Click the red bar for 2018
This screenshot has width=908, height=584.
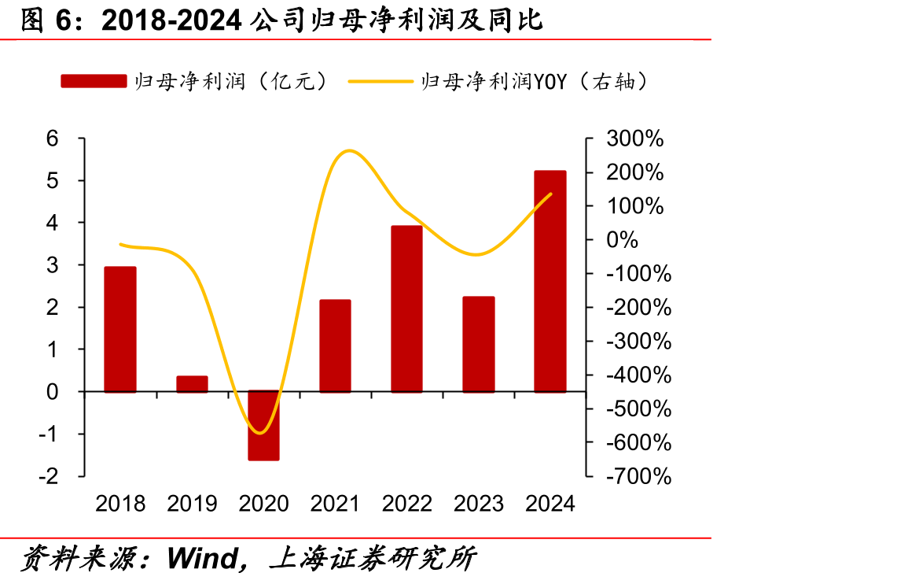119,330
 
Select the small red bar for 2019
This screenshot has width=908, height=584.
192,384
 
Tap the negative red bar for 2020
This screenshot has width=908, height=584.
263,426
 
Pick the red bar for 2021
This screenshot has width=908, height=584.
335,346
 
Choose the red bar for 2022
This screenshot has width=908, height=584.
406,309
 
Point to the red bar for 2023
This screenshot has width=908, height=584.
478,345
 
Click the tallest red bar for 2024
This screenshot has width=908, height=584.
550,282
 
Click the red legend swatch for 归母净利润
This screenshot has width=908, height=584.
94,81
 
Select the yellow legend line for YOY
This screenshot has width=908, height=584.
380,82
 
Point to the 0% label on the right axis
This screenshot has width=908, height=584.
622,240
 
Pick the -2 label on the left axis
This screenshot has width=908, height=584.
49,477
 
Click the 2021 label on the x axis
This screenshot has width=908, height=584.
335,504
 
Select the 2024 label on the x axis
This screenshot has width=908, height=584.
550,504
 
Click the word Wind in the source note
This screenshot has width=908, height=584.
202,559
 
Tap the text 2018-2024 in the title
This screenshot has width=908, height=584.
171,20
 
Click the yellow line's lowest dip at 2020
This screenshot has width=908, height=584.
260,433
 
